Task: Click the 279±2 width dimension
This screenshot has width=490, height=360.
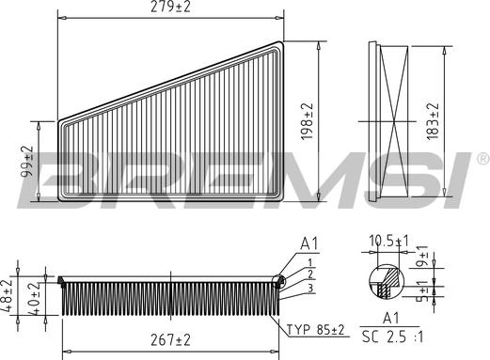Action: pos(170,7)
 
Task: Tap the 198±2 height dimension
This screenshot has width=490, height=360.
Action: pos(308,121)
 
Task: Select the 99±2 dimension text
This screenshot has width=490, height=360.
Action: pos(27,161)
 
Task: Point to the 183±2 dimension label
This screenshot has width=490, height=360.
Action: pos(433,121)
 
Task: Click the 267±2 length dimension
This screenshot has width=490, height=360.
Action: pos(170,340)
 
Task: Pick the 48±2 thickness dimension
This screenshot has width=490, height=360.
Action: pos(7,296)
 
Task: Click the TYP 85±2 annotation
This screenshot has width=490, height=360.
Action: pos(316,330)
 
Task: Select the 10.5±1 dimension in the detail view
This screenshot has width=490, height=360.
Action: pos(389,241)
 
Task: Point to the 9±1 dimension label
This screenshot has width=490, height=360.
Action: pos(423,256)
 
